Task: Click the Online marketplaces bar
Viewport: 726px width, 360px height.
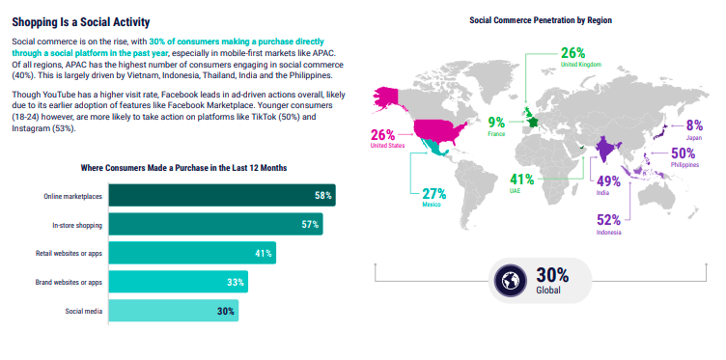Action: pos(222,195)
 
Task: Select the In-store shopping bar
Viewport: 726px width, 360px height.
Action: pos(215,224)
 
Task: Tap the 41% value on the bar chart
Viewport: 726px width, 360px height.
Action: pos(264,254)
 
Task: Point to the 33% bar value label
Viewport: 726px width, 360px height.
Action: pos(236,282)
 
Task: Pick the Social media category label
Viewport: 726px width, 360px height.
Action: pos(83,311)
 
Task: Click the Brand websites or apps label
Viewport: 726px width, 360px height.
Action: pos(69,282)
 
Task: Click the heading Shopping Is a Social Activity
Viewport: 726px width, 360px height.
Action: pos(80,22)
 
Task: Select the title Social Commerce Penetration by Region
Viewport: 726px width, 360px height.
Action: pos(541,20)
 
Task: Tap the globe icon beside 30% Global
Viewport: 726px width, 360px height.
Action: pos(510,280)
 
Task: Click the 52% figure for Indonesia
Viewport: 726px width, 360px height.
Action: pos(608,219)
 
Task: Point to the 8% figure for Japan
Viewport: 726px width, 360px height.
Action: pos(695,125)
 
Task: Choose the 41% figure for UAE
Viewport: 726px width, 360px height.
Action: pos(521,180)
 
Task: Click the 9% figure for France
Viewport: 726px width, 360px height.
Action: pos(497,123)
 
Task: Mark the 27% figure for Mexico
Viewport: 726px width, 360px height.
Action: pos(433,193)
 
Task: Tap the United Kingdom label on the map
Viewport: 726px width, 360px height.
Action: pos(580,65)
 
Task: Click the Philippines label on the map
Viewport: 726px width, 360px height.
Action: pos(684,165)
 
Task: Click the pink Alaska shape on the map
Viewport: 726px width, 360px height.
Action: pos(390,98)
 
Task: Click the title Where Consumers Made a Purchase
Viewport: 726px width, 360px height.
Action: pos(183,168)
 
